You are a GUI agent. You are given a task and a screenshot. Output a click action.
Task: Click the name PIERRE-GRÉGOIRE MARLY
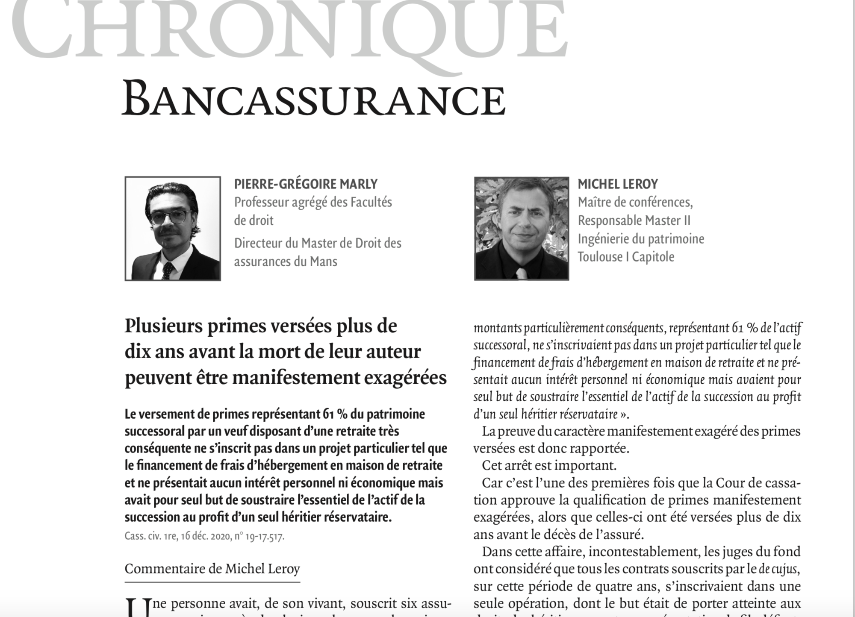click(x=306, y=184)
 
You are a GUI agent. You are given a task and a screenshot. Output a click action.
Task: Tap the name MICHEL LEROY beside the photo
click(x=618, y=184)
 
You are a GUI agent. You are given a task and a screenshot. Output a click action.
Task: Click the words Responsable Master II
click(x=634, y=220)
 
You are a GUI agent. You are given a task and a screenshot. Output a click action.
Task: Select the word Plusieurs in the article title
click(x=164, y=326)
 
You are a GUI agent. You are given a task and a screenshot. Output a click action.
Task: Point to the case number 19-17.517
click(x=264, y=536)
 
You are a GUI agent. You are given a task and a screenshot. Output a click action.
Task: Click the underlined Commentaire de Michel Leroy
click(x=212, y=569)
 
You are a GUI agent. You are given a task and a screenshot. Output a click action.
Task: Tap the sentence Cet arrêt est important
click(x=549, y=465)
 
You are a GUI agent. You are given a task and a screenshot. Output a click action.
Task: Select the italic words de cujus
click(x=778, y=569)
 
